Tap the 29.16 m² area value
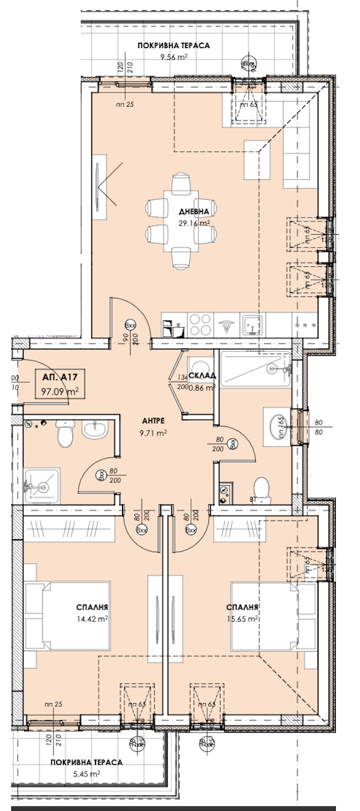tap(193, 224)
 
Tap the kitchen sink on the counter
tap(252, 324)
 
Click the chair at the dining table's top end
tap(181, 184)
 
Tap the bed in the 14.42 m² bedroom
tap(68, 618)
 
